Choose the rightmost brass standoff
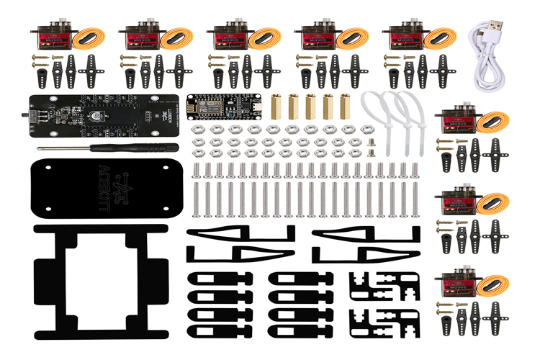pyautogui.click(x=345, y=105)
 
